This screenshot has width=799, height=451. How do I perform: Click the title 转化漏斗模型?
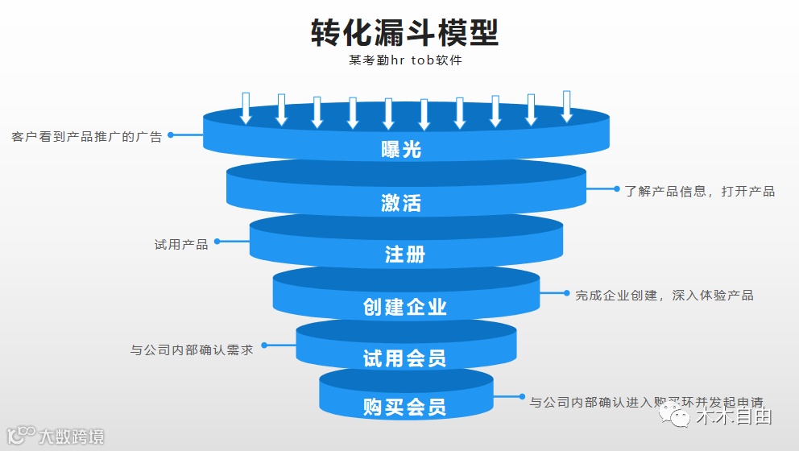point(404,33)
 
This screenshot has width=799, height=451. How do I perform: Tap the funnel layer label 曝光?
point(401,150)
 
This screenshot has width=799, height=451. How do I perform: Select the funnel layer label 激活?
point(401,203)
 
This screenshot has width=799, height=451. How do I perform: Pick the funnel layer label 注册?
point(404,255)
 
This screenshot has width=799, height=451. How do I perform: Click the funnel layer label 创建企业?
point(404,307)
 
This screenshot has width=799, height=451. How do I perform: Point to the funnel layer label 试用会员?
point(404,358)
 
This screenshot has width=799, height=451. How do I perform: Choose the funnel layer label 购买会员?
point(404,406)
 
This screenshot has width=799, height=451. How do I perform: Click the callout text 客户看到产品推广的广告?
point(87,137)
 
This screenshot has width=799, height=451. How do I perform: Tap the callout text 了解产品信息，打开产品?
point(699,192)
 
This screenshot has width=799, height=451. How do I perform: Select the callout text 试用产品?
point(181,244)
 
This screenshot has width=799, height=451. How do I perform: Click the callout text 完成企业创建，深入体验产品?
point(664,296)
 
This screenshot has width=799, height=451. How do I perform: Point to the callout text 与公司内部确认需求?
point(192,350)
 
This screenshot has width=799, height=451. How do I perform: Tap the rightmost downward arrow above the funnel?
point(566,106)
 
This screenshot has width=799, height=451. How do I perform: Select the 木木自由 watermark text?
point(734,417)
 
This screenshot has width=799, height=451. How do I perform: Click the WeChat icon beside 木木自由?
point(675,416)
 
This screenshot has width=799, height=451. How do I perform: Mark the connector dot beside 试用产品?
point(217,241)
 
